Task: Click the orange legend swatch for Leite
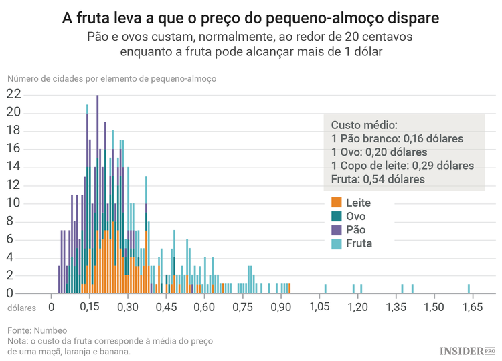[336, 202]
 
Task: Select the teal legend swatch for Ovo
[336, 216]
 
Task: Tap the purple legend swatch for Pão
[336, 229]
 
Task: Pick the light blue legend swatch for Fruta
[336, 243]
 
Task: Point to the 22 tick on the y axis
[13, 94]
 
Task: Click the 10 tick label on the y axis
[13, 203]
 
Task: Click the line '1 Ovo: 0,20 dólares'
[380, 152]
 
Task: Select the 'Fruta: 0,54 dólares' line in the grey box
[378, 178]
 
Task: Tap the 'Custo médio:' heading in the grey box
[364, 125]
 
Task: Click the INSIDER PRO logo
[467, 351]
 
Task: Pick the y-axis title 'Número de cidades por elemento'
[111, 78]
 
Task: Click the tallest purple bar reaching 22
[98, 194]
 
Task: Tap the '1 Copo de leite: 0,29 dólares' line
[402, 165]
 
